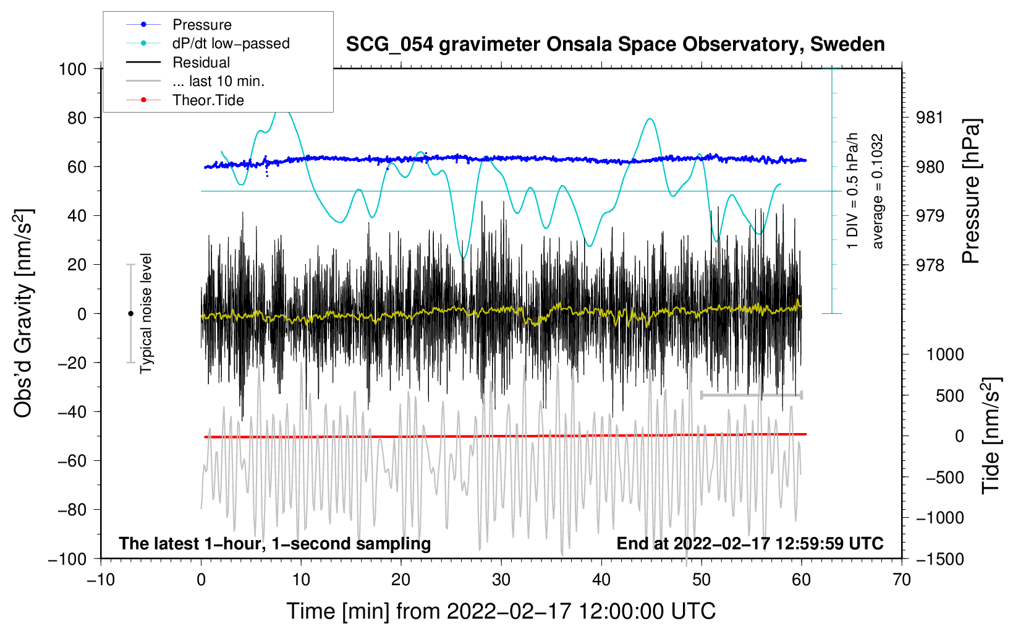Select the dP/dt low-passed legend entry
[231, 43]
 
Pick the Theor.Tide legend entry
[208, 100]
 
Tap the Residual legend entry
[201, 62]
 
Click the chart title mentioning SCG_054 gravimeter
[615, 45]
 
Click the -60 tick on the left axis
[72, 460]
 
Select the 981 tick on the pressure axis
[930, 118]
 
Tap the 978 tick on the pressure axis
[930, 265]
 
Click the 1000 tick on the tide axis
[945, 354]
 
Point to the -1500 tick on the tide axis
[940, 559]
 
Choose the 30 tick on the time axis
[501, 580]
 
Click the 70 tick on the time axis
[902, 580]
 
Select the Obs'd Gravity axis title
[23, 313]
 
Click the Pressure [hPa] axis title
[971, 192]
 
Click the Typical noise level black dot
[130, 314]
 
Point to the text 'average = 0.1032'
[877, 192]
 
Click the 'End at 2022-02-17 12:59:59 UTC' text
[750, 543]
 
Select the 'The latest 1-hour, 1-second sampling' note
[275, 543]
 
